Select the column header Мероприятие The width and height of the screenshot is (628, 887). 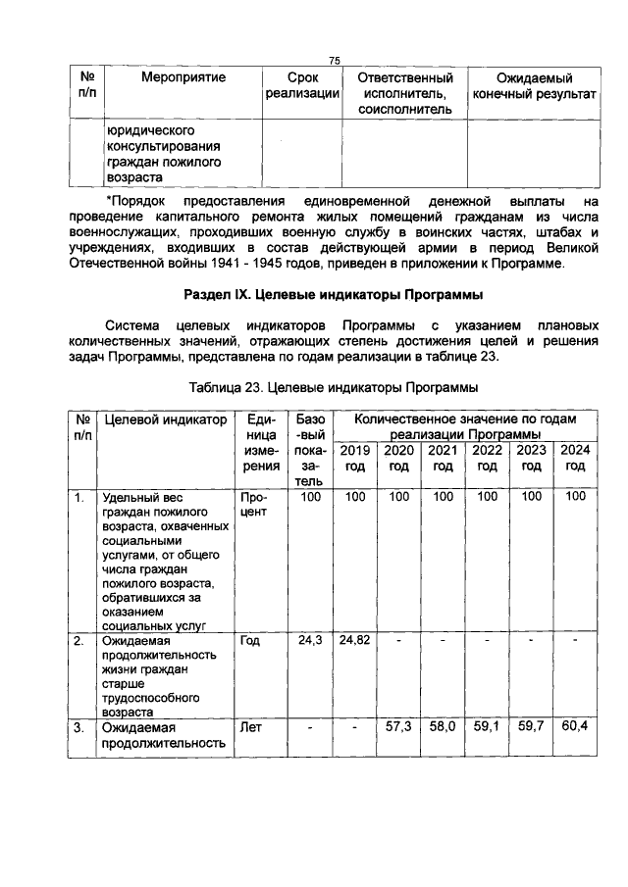(183, 77)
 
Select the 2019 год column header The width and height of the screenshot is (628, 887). (355, 458)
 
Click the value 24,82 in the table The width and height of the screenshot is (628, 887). (355, 640)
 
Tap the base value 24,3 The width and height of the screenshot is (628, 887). (311, 640)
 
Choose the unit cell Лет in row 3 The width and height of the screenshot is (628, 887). (252, 728)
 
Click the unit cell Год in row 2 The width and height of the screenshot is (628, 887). (251, 641)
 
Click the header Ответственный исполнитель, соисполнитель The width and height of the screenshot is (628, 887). (404, 93)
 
